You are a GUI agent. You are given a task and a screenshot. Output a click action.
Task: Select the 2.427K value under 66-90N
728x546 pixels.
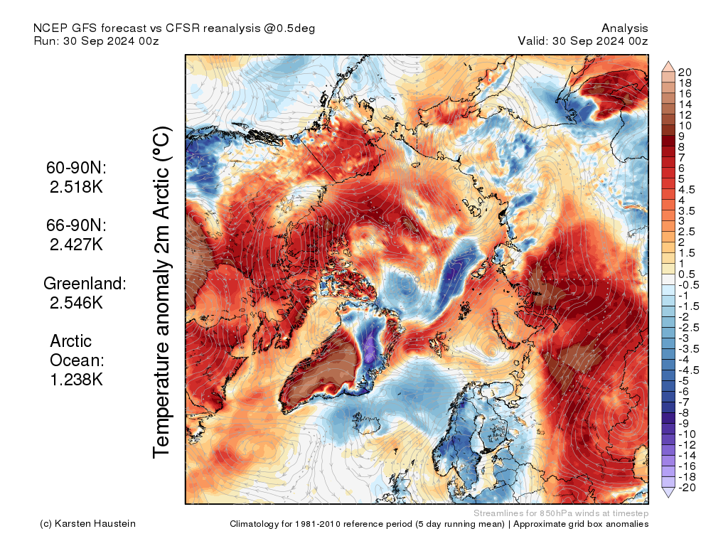point(76,244)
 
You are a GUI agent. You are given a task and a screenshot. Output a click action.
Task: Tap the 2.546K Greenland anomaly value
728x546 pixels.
point(76,302)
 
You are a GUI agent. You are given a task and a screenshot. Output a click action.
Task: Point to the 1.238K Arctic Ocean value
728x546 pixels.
point(76,379)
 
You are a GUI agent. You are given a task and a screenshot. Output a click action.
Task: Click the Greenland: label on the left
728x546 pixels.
point(85,283)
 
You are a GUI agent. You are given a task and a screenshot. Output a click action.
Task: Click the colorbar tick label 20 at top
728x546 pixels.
point(685,72)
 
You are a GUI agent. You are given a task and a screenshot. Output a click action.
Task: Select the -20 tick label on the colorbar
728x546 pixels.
point(687,487)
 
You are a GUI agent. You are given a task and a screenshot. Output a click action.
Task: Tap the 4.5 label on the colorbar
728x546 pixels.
point(687,189)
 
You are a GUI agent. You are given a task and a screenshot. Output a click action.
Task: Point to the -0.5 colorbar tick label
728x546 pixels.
point(689,284)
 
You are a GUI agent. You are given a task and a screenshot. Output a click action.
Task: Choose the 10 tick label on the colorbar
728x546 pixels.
point(685,125)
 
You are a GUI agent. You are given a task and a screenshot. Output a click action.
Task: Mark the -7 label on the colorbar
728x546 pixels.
point(685,402)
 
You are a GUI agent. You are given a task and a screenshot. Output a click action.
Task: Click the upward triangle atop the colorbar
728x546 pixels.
point(668,67)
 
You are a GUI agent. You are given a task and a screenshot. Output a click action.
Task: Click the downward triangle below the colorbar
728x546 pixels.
point(668,492)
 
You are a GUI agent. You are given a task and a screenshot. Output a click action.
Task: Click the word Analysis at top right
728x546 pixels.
point(624,28)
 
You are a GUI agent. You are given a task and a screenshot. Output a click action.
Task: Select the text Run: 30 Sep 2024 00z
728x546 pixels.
point(96,41)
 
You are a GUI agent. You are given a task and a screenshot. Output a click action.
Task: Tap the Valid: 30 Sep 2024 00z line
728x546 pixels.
point(583,41)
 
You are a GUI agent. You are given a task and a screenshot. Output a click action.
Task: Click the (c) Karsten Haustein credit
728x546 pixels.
point(88,524)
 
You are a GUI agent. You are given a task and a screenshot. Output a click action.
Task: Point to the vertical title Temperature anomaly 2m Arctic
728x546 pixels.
point(163,292)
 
